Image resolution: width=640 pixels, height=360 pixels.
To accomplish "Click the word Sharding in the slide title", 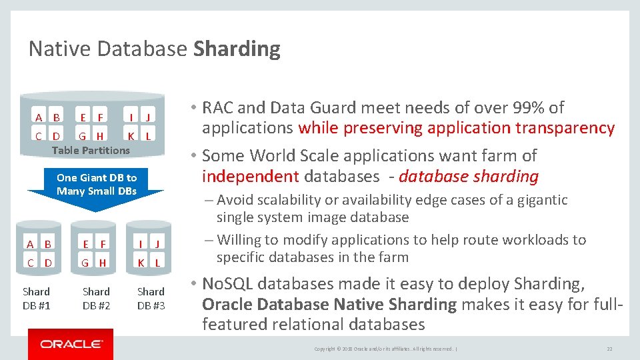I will pyautogui.click(x=237, y=49).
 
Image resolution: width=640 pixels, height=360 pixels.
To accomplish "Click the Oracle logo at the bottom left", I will pyautogui.click(x=71, y=344).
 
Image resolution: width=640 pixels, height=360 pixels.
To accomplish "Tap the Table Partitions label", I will pyautogui.click(x=91, y=150).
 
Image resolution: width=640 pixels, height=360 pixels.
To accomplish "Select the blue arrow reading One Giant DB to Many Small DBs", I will pyautogui.click(x=96, y=185).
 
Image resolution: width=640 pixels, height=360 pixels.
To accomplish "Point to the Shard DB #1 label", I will pyautogui.click(x=36, y=298).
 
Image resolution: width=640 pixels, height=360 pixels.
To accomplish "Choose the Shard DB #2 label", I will pyautogui.click(x=96, y=298).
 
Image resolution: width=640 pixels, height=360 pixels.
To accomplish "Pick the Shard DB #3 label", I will pyautogui.click(x=151, y=298).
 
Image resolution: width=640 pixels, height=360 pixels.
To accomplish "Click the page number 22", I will pyautogui.click(x=609, y=349).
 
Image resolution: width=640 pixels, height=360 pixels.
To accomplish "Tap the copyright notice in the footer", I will pyautogui.click(x=385, y=349).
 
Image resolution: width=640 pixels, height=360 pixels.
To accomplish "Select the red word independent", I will pyautogui.click(x=250, y=176).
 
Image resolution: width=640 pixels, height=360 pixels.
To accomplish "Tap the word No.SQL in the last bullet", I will pyautogui.click(x=228, y=284).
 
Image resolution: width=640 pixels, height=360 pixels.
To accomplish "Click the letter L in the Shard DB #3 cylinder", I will pyautogui.click(x=157, y=263).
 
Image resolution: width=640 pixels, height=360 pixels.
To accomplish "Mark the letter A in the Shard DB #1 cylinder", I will pyautogui.click(x=30, y=244).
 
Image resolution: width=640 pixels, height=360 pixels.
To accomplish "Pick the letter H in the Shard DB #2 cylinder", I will pyautogui.click(x=103, y=263).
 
